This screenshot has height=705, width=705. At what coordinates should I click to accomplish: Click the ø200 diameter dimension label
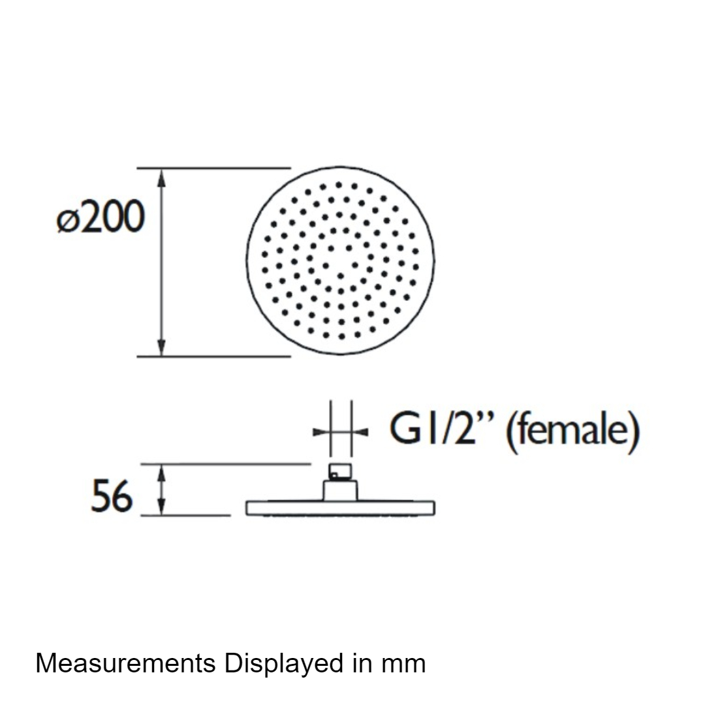click(x=101, y=217)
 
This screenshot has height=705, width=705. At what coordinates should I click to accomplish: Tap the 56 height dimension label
click(x=112, y=496)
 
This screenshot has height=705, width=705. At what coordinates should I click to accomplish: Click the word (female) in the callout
click(x=573, y=431)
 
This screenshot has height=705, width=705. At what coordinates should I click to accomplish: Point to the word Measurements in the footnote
click(x=125, y=663)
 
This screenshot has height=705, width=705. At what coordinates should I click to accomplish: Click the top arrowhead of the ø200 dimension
click(x=162, y=178)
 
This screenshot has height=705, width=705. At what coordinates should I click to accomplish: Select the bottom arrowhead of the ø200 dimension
click(x=162, y=347)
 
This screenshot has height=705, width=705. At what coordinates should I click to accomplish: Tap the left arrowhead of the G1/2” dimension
click(x=322, y=433)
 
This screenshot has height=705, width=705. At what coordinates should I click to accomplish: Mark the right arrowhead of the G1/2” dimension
click(x=360, y=433)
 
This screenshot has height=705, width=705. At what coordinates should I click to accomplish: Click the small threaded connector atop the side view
click(x=340, y=472)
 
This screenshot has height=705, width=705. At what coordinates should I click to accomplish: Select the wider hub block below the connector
click(x=340, y=490)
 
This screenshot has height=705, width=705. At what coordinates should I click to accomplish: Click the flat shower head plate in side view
click(x=340, y=508)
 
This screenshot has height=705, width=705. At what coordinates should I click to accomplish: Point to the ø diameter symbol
click(x=67, y=222)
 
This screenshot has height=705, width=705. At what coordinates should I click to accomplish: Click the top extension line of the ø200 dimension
click(x=214, y=168)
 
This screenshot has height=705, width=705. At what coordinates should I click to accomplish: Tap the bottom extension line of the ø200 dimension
click(x=214, y=356)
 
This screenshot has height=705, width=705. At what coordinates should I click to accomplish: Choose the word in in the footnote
click(x=362, y=663)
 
